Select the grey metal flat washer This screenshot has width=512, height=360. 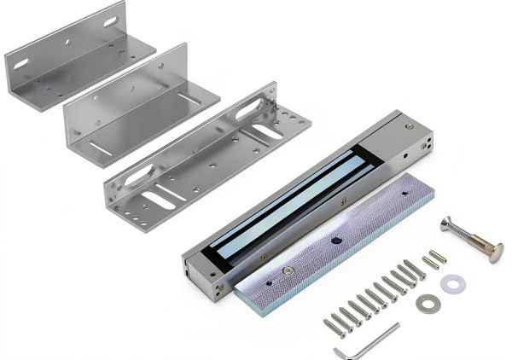click(426, 302)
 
